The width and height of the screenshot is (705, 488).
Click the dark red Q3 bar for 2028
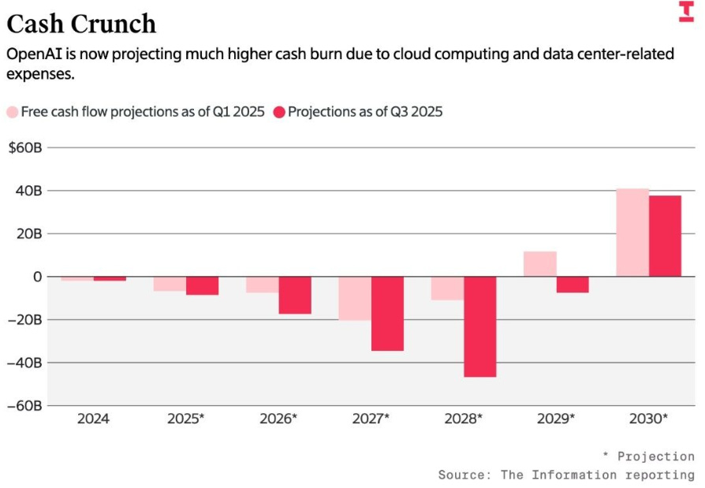(x=479, y=326)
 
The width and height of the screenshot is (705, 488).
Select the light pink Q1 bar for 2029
(x=540, y=264)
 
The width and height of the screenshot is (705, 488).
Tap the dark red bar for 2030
(x=665, y=236)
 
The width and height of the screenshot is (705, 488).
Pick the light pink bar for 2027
(x=355, y=298)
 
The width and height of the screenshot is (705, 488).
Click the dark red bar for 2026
(x=295, y=295)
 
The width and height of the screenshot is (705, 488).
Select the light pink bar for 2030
(x=632, y=233)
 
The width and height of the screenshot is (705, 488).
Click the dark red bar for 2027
(x=387, y=313)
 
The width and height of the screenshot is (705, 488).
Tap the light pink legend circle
(x=13, y=112)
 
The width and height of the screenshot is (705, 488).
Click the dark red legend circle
(x=279, y=112)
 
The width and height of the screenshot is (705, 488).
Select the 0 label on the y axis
(x=36, y=277)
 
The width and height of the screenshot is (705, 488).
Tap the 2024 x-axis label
(x=93, y=419)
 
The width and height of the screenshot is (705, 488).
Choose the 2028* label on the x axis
(x=464, y=419)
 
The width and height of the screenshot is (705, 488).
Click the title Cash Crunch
(x=81, y=24)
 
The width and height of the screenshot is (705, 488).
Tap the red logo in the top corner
(x=686, y=11)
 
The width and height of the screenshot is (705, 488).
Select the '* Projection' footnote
(x=648, y=456)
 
